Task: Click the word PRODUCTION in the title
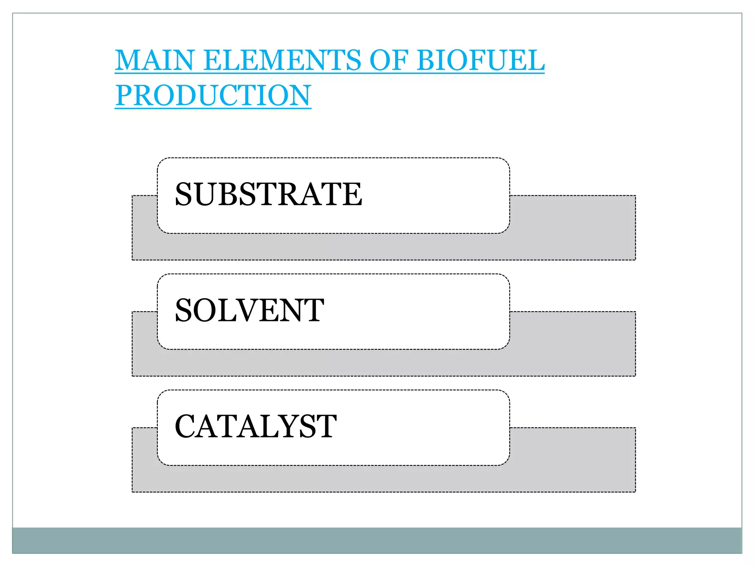tap(213, 95)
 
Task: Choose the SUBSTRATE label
tap(268, 194)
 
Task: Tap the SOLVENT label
tap(250, 310)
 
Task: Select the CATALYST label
tap(255, 426)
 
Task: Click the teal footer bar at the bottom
tap(377, 540)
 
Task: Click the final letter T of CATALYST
tap(327, 426)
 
